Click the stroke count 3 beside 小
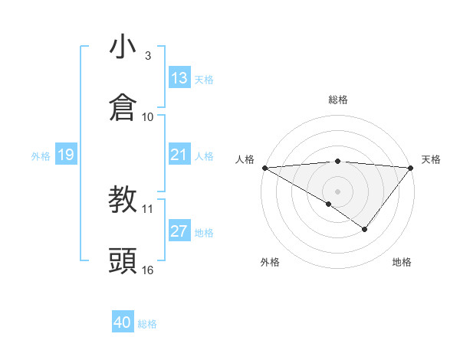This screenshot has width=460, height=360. tap(147, 55)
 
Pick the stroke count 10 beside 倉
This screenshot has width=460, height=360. tap(148, 116)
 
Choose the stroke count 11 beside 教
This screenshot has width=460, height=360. tap(148, 208)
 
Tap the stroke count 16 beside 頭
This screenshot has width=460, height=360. tap(148, 270)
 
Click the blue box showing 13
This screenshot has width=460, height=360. tap(179, 78)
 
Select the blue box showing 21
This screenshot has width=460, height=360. tap(179, 155)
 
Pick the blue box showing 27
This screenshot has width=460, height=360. tap(179, 231)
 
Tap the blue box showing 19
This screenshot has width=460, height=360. tap(66, 155)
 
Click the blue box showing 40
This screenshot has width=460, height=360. tap(123, 322)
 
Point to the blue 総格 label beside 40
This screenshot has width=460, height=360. tap(147, 324)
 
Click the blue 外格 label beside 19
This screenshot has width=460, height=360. tap(41, 156)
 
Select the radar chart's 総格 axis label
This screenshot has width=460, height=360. tap(337, 100)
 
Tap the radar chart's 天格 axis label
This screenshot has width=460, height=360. tap(431, 159)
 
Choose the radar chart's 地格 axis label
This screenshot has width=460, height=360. tap(402, 262)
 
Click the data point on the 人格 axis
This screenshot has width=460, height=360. tap(264, 168)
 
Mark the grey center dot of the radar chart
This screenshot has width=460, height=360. tap(337, 191)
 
